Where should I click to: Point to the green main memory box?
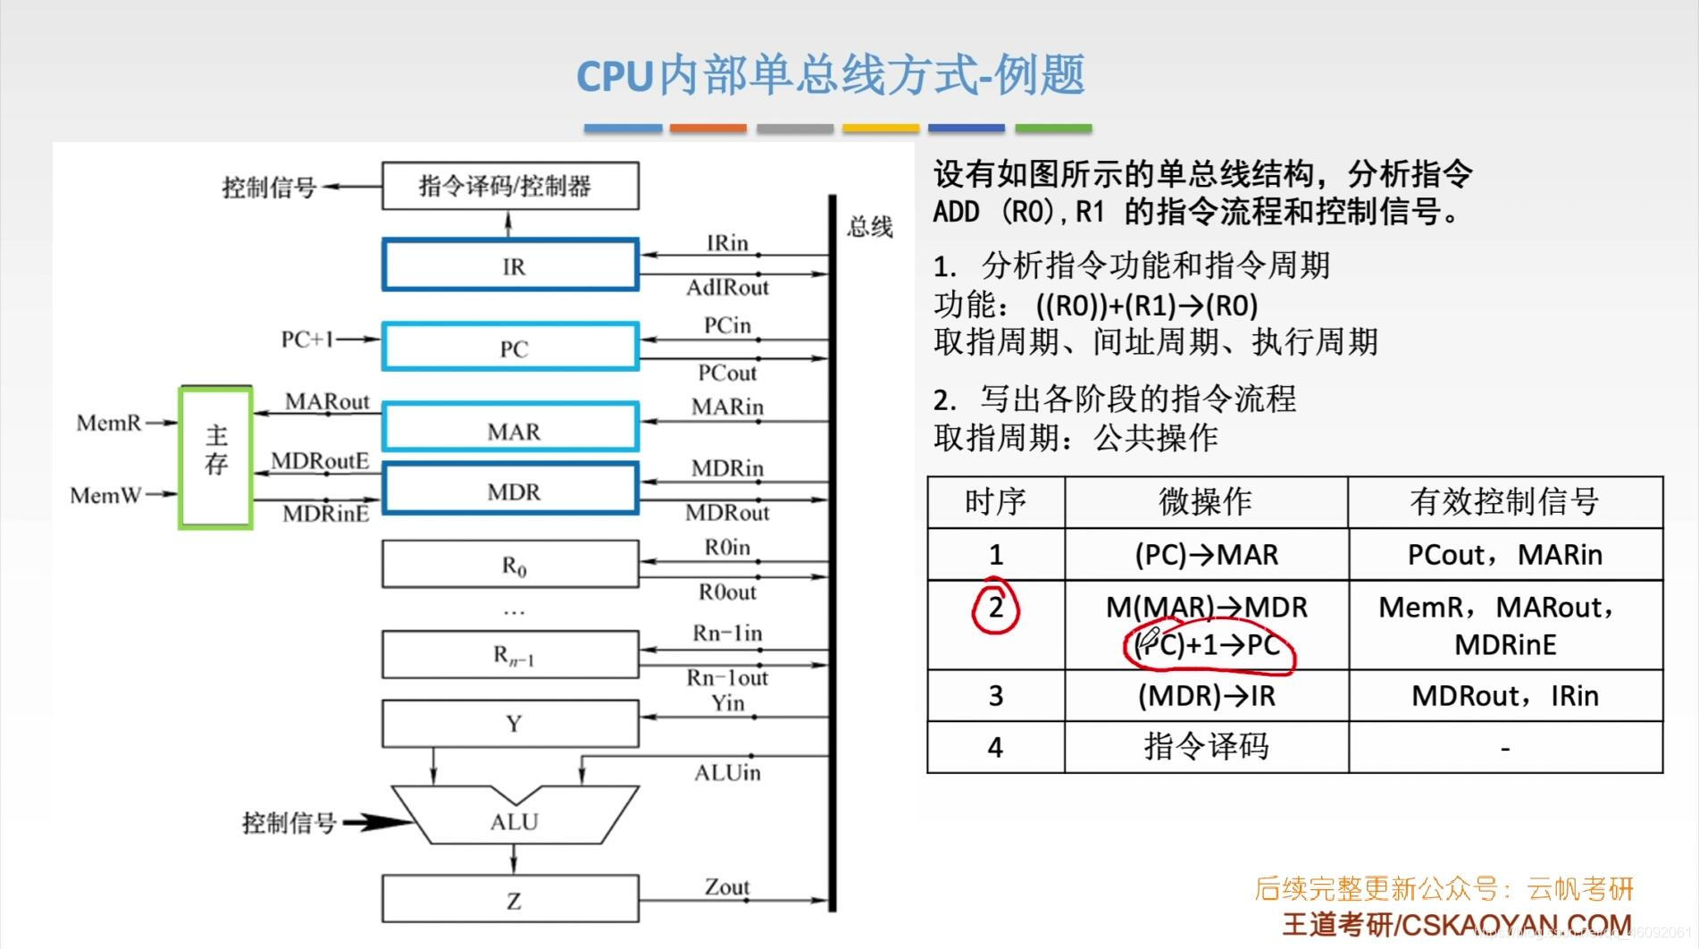click(x=216, y=457)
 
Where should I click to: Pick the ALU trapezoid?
click(x=514, y=819)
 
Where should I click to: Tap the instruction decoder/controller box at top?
click(x=510, y=186)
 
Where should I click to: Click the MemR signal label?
click(x=109, y=423)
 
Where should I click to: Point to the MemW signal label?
click(x=105, y=495)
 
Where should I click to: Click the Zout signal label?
click(x=727, y=886)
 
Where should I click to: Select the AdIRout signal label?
click(x=727, y=288)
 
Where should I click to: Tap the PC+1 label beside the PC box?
click(x=306, y=340)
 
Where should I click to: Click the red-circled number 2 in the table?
click(x=995, y=608)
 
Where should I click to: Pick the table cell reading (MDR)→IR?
click(x=1206, y=696)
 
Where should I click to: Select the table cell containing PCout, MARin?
click(x=1505, y=555)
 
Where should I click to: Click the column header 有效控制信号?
click(x=1505, y=501)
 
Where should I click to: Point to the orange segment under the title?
click(x=707, y=129)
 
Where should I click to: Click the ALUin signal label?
click(x=727, y=773)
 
